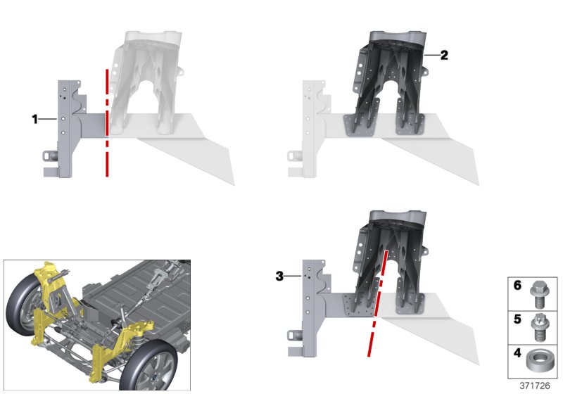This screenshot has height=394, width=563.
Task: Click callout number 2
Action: pyautogui.click(x=443, y=55)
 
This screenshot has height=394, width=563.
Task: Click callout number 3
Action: pyautogui.click(x=280, y=277)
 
